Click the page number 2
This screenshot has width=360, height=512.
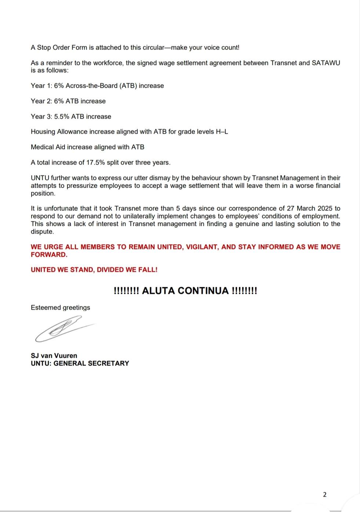[x=324, y=494]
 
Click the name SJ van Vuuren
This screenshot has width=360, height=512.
[x=54, y=356]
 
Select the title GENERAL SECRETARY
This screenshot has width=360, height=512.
[x=91, y=363]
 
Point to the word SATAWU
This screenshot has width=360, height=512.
[x=326, y=63]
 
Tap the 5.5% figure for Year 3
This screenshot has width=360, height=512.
[x=62, y=116]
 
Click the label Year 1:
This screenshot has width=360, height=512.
[x=41, y=86]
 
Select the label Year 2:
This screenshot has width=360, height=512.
[x=41, y=101]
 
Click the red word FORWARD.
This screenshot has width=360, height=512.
[x=49, y=255]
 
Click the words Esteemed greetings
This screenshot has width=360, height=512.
[x=60, y=307]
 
